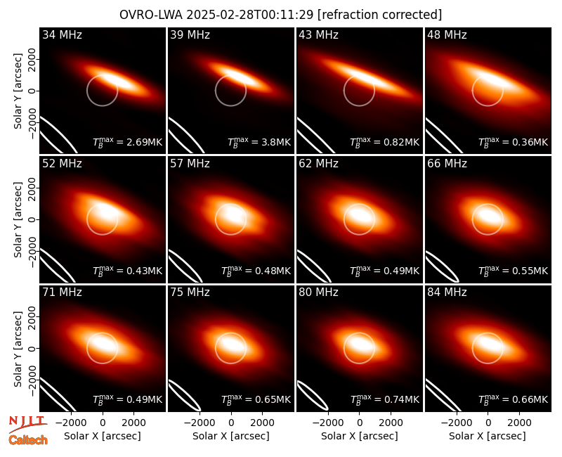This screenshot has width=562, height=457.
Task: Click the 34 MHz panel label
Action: (62, 34)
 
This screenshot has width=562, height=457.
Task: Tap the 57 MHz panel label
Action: (190, 164)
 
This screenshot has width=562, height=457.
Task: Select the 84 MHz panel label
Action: (447, 292)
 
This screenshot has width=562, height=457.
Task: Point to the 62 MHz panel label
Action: (319, 164)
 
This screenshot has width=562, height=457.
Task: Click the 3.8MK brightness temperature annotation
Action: (259, 142)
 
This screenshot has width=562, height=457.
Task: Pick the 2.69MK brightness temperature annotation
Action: (128, 142)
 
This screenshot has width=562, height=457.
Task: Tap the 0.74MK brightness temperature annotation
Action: (384, 399)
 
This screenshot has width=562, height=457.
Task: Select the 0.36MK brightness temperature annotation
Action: (514, 142)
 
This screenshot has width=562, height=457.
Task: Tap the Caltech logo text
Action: (28, 440)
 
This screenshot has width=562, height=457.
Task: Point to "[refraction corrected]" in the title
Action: (379, 15)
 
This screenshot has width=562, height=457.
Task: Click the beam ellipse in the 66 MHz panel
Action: (443, 266)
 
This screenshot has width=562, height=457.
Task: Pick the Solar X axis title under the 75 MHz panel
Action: (231, 436)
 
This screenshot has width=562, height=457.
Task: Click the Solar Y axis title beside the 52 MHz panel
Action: (18, 219)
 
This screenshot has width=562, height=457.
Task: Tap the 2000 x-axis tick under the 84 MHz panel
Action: (519, 423)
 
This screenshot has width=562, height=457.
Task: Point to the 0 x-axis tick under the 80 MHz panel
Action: (360, 423)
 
